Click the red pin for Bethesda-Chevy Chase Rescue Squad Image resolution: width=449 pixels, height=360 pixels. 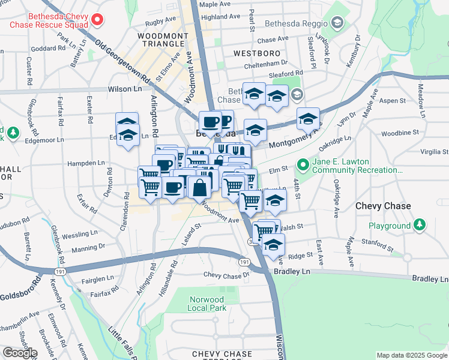point(96,20)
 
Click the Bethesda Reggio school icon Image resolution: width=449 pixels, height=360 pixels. point(337,23)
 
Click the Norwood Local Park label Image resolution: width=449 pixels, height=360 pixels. point(206,303)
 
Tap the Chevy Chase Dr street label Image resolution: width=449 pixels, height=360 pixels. point(226,275)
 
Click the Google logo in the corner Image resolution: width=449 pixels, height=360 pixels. point(20,353)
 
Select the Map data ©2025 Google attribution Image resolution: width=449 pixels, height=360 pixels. point(411,355)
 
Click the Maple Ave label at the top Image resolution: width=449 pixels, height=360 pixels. point(215,4)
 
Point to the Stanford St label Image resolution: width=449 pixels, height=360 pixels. point(377,241)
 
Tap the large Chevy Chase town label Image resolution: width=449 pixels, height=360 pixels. point(383,206)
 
